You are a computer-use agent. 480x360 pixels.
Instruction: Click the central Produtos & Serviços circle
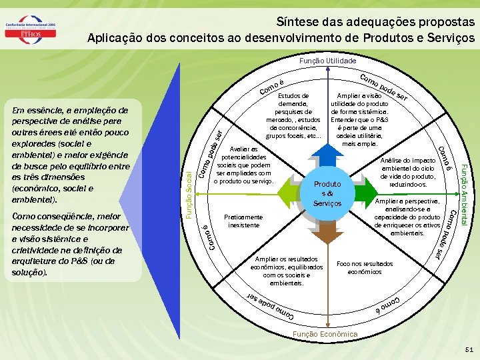coord(327,193)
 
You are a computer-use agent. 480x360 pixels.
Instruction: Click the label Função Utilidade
coord(327,61)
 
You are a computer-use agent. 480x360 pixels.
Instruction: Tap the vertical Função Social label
coord(189,193)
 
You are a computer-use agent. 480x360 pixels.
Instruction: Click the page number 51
coord(469,349)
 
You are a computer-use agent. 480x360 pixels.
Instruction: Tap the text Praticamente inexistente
coord(245,221)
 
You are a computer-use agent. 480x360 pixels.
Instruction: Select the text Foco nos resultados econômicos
coord(365,267)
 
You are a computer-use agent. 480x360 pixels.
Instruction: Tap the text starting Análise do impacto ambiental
coord(407,172)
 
